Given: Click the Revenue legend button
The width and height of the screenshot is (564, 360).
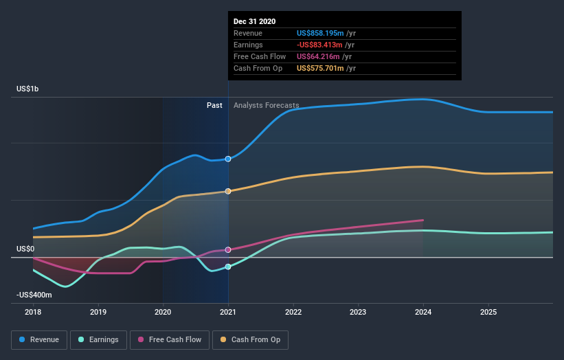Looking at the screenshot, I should (x=40, y=339).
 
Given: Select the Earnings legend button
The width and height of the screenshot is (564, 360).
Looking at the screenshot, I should (x=99, y=339).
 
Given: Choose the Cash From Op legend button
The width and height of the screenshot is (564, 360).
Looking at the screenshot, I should (x=251, y=339).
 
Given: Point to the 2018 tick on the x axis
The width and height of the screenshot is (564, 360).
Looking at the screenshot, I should (x=34, y=312).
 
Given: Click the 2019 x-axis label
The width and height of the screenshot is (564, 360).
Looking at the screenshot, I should (x=98, y=312).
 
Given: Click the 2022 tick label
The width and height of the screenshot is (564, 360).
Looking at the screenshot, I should (x=293, y=312).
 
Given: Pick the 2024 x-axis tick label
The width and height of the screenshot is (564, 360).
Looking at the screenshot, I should (x=423, y=312).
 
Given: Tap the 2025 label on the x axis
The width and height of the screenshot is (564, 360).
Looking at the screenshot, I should (x=488, y=312).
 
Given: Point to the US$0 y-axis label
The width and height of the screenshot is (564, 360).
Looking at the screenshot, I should (x=25, y=249).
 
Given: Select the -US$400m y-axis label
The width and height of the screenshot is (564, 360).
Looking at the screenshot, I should (x=34, y=295).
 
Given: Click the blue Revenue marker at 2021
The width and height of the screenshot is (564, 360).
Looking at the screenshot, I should (x=228, y=159).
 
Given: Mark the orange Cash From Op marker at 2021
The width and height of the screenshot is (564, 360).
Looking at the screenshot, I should (x=228, y=191).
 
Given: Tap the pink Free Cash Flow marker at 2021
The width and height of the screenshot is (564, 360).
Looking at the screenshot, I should (x=228, y=249).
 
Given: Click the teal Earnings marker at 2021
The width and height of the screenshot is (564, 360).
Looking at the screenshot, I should (x=228, y=267).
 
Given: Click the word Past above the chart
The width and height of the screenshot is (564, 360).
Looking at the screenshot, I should (x=214, y=105).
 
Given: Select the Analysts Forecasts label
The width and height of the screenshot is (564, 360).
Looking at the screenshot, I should (x=267, y=105).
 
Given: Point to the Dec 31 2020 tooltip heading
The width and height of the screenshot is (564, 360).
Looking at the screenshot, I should (x=254, y=21).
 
